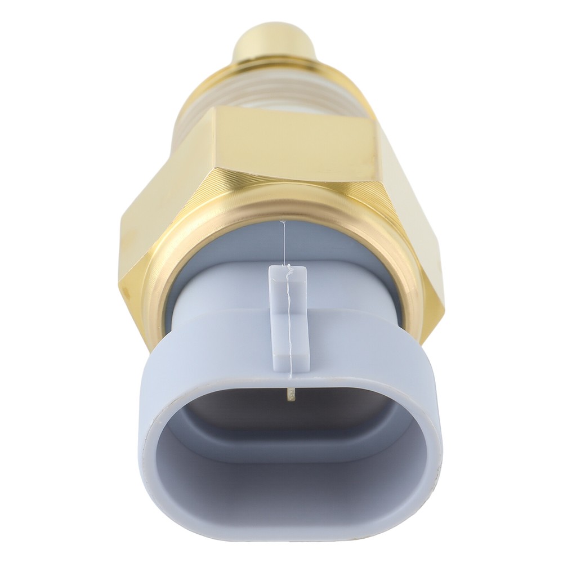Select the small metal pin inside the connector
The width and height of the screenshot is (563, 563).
tap(289, 394)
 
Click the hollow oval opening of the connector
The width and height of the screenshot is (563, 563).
tap(290, 450)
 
